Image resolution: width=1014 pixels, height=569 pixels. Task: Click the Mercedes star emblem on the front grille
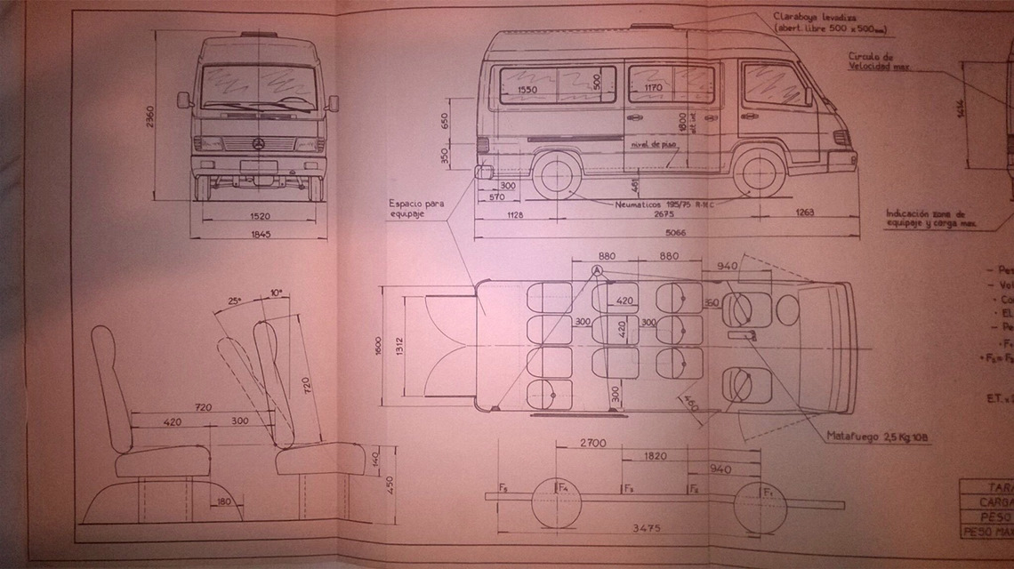pyautogui.click(x=257, y=145)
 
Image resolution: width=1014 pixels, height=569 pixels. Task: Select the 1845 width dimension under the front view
pyautogui.click(x=260, y=235)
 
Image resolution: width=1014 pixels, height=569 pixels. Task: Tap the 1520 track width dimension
pyautogui.click(x=259, y=216)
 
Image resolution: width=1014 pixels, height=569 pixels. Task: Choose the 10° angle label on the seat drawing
pyautogui.click(x=278, y=293)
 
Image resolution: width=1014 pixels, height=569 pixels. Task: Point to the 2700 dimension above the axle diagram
pyautogui.click(x=593, y=441)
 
